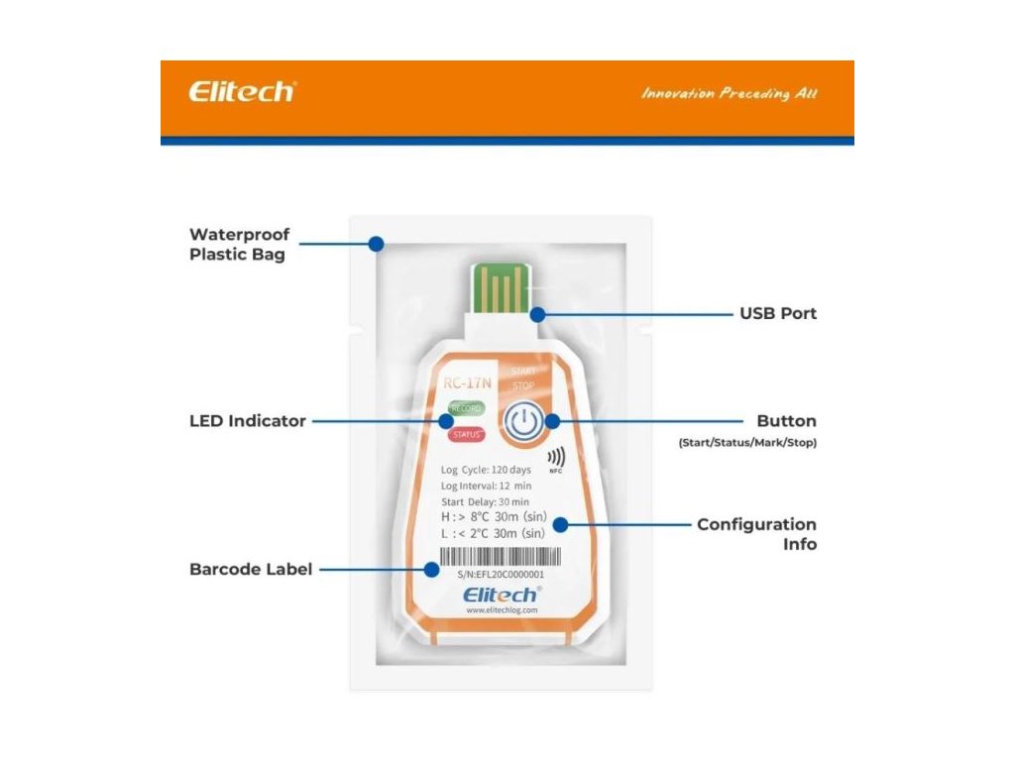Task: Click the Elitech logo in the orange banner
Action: click(x=241, y=92)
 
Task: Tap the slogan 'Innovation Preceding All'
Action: click(x=729, y=94)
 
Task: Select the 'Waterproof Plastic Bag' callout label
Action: click(x=240, y=245)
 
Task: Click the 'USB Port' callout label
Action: click(x=778, y=313)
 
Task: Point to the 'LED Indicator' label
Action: click(x=248, y=421)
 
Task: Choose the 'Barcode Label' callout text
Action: click(x=251, y=570)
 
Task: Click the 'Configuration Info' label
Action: click(x=756, y=534)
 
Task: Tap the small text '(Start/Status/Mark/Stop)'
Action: click(x=747, y=443)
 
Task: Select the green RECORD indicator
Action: click(x=464, y=408)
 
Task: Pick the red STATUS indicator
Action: click(x=464, y=434)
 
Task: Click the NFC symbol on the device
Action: click(x=556, y=459)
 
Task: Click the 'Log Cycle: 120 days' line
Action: click(x=486, y=469)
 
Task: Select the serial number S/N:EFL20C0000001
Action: click(x=501, y=575)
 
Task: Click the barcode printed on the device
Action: click(x=492, y=558)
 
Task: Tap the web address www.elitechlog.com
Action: click(x=501, y=610)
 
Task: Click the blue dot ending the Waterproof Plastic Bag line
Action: click(x=375, y=243)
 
